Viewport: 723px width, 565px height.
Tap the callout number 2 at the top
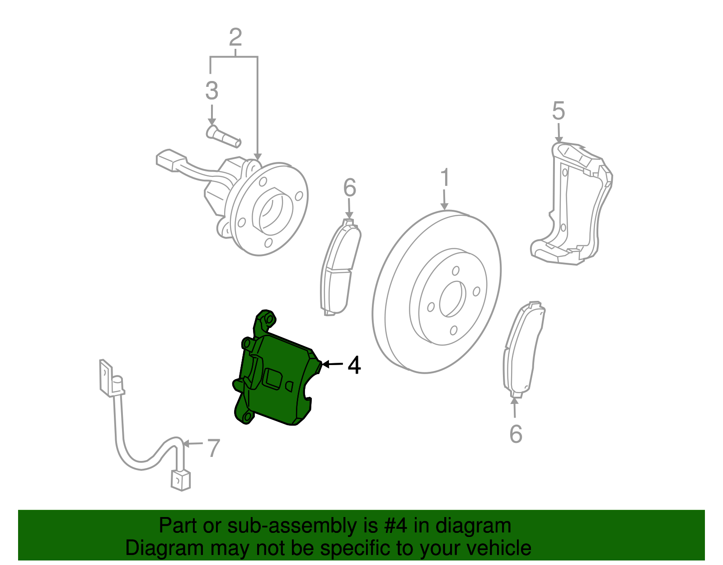235,38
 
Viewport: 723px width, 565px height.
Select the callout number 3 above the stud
211,91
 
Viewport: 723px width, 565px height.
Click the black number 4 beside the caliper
354,365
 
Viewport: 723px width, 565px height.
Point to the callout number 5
559,111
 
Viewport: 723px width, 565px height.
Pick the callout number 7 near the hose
213,448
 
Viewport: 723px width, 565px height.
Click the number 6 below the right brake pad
516,434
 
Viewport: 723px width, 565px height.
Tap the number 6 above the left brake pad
349,188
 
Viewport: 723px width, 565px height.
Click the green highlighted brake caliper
276,380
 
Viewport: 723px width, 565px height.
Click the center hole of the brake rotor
452,299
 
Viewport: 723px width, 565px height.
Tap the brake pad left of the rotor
339,267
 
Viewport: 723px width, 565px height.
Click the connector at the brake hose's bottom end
181,480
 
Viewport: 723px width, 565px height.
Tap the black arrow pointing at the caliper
332,364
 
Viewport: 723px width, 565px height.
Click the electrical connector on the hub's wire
171,160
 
